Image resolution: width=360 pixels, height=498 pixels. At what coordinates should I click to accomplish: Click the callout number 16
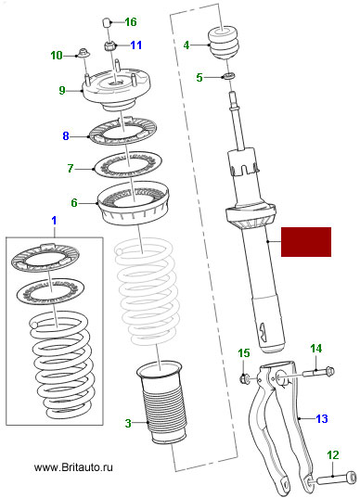pos(131,22)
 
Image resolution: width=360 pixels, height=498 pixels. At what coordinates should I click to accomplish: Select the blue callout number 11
pos(136,45)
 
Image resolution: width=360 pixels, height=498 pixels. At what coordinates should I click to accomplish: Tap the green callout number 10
pos(57,56)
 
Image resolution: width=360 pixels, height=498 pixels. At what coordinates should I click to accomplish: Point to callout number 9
pos(62,90)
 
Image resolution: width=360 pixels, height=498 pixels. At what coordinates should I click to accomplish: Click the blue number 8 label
pos(66,136)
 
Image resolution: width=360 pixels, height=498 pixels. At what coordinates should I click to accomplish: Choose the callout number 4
pos(186,45)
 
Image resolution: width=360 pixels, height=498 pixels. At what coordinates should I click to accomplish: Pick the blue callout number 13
pos(322,418)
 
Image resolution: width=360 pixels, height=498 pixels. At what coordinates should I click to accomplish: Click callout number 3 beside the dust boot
pos(128,423)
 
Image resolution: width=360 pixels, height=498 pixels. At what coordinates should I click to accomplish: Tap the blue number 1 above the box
pos(54,221)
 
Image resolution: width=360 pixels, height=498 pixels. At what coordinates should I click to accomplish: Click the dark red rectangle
pos(306,242)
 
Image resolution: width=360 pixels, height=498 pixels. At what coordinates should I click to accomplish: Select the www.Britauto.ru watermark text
pos(73,467)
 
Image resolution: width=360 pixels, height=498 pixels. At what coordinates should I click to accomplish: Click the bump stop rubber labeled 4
pos(223,43)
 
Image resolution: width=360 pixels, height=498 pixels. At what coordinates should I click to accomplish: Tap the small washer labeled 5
pos(228,76)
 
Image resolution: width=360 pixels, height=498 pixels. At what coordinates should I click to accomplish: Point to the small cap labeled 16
pos(107,23)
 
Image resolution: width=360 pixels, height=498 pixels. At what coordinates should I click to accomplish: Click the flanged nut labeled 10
pos(84,53)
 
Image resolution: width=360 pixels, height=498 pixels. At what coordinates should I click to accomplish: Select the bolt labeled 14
pos(318,372)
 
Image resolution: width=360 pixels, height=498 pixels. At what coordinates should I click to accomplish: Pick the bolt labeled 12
pos(336,478)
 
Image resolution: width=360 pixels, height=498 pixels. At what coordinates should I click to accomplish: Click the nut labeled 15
pos(244,378)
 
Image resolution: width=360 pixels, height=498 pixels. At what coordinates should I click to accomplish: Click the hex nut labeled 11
pos(109,45)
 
